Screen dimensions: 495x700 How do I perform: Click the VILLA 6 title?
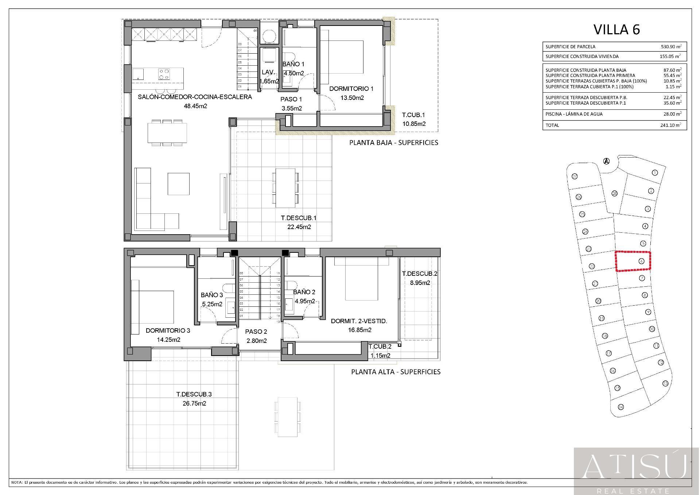click(x=617, y=30)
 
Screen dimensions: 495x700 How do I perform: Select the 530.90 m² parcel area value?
click(x=671, y=47)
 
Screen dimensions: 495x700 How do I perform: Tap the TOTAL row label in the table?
click(x=552, y=125)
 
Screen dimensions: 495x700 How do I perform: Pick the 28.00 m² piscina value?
click(x=672, y=114)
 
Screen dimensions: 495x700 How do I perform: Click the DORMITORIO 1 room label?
click(x=351, y=89)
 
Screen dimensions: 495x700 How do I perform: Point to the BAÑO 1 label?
click(x=293, y=64)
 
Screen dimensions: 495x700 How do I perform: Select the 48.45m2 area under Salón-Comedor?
click(x=195, y=106)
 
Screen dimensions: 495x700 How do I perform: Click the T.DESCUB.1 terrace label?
click(x=298, y=218)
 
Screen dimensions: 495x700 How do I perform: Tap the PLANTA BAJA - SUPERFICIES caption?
click(x=393, y=143)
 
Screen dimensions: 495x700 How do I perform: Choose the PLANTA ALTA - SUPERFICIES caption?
click(x=396, y=372)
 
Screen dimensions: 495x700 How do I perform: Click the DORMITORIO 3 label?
click(x=168, y=330)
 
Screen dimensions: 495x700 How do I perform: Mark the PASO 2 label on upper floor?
click(x=256, y=332)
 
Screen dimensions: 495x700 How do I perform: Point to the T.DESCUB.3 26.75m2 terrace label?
click(x=194, y=399)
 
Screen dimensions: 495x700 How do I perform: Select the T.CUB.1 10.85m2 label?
click(x=414, y=119)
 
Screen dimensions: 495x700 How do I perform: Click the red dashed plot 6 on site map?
click(x=633, y=261)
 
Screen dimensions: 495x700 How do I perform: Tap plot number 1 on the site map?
click(x=655, y=173)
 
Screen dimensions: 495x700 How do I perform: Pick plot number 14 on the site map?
click(x=621, y=407)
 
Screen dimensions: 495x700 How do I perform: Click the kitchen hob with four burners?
click(x=164, y=74)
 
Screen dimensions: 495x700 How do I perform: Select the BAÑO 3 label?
click(x=211, y=295)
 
